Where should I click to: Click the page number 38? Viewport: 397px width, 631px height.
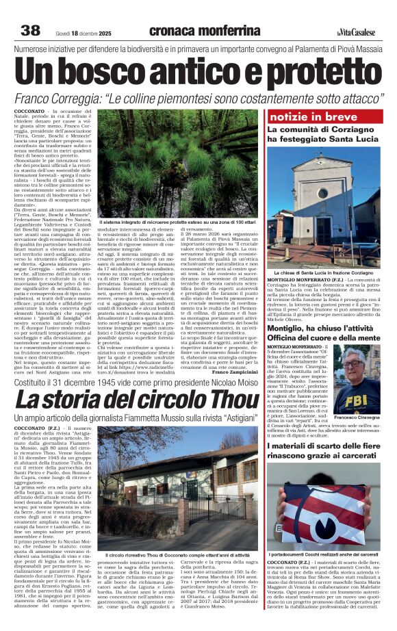pyautogui.click(x=31, y=30)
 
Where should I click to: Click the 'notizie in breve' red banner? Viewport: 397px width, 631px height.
pyautogui.click(x=302, y=117)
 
